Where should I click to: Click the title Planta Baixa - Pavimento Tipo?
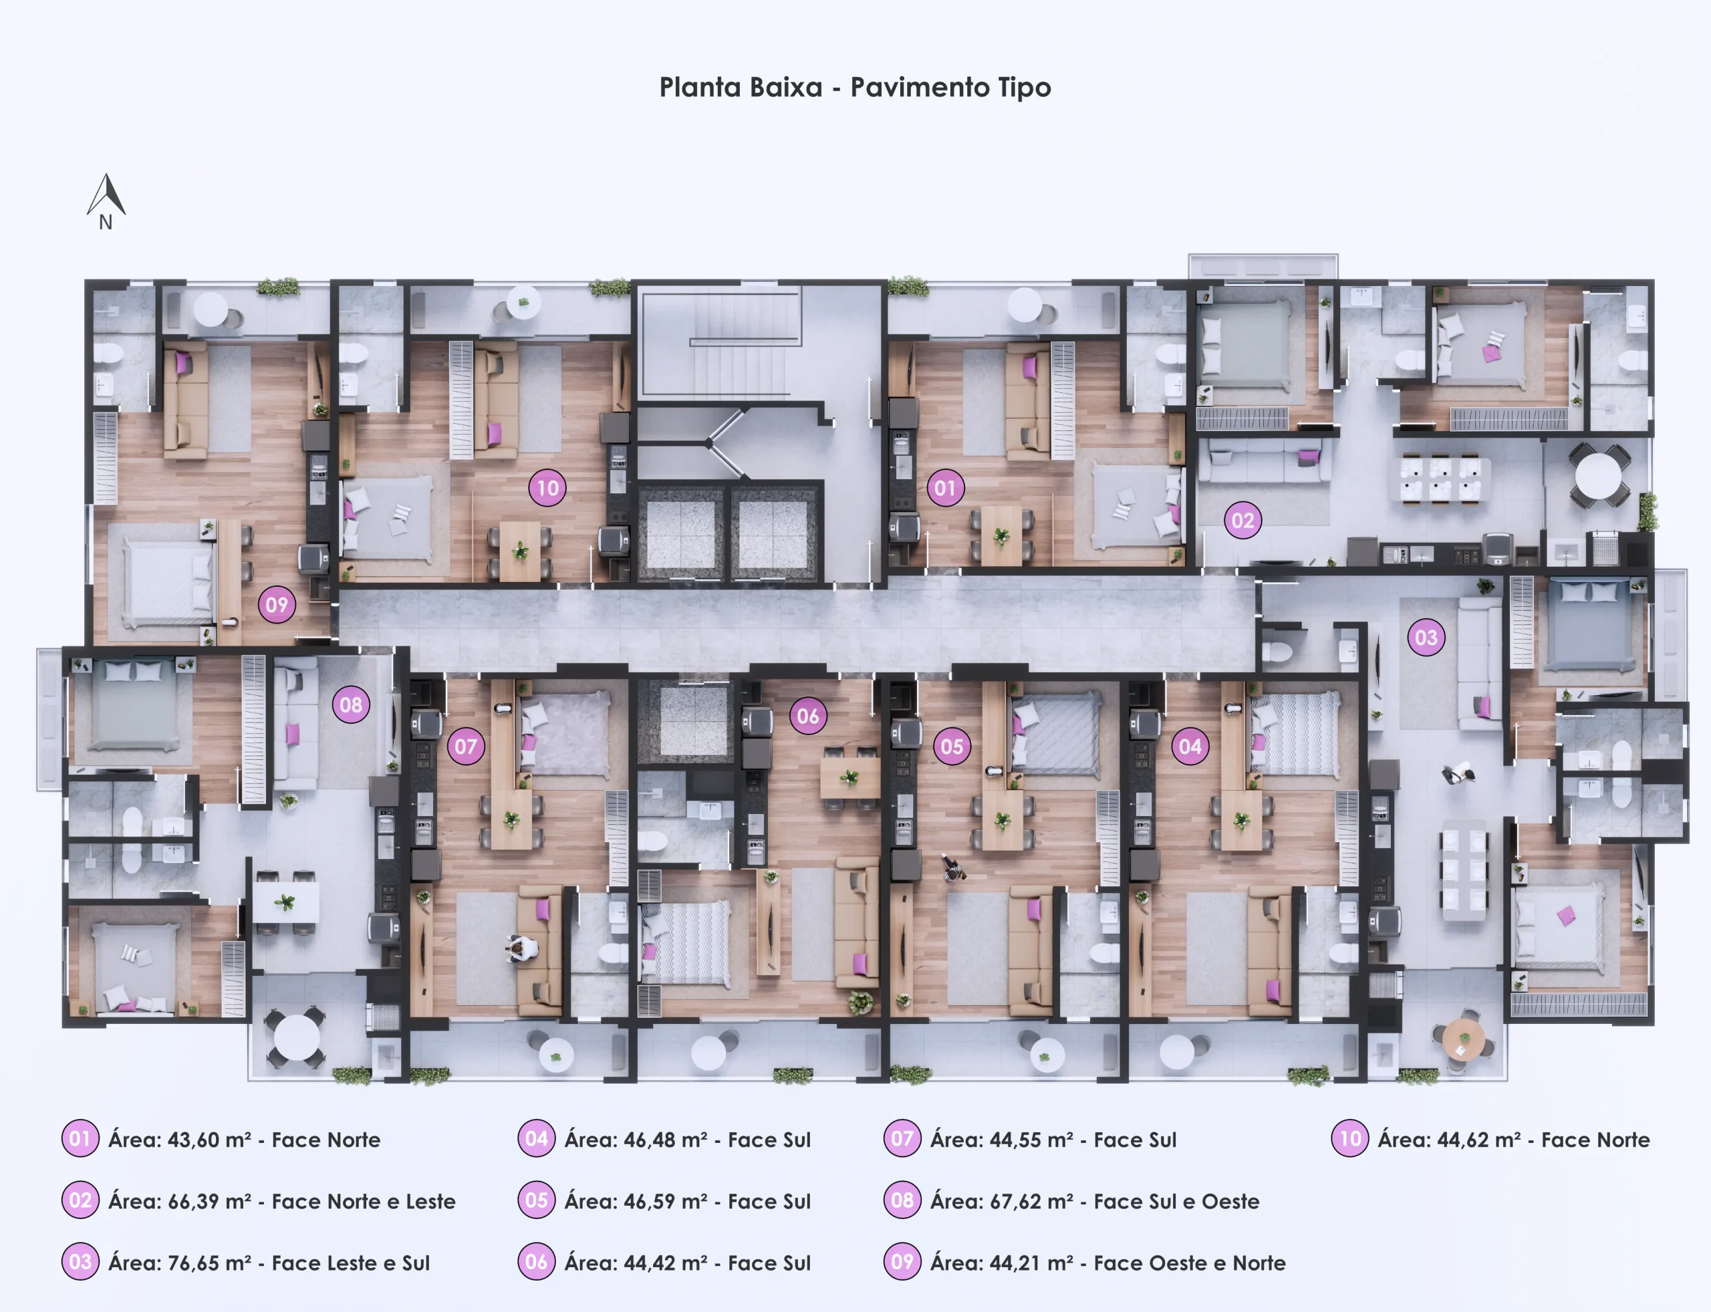coord(855,88)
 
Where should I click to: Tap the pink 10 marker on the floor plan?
coord(547,488)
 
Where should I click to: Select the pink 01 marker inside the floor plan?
coord(945,488)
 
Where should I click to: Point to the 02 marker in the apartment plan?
coord(1243,520)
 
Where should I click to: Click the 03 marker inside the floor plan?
coord(1426,637)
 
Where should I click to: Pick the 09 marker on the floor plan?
coord(277,604)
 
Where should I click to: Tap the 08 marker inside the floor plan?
coord(351,705)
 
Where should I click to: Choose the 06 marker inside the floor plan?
coord(808,716)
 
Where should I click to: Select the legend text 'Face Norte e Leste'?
coord(363,1201)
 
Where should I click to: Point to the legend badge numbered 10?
coord(1350,1139)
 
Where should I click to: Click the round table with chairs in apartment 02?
coord(1598,475)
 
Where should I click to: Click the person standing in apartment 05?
coord(952,868)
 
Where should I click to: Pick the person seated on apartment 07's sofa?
coord(522,949)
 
